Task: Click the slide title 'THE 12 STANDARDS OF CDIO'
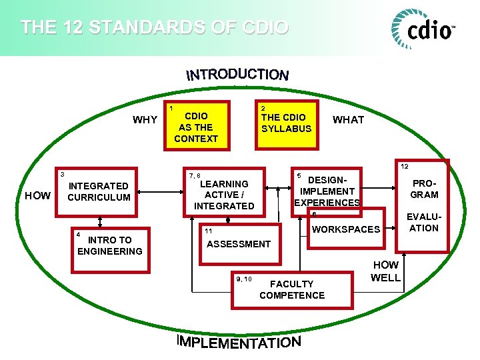[x=154, y=27]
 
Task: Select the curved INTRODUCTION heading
[x=237, y=74]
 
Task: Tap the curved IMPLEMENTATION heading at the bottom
[x=239, y=342]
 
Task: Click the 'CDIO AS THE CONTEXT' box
[x=196, y=127]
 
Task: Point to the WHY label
[x=145, y=120]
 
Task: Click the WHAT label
[x=348, y=120]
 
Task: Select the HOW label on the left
[x=37, y=195]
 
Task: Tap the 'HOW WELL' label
[x=385, y=271]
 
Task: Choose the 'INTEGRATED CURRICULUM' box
[x=99, y=192]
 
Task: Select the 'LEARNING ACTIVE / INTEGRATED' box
[x=224, y=193]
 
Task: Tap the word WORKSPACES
[x=346, y=229]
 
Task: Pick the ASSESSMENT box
[x=239, y=244]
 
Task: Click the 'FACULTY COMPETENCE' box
[x=292, y=290]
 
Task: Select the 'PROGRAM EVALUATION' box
[x=424, y=207]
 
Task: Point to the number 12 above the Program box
[x=405, y=166]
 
